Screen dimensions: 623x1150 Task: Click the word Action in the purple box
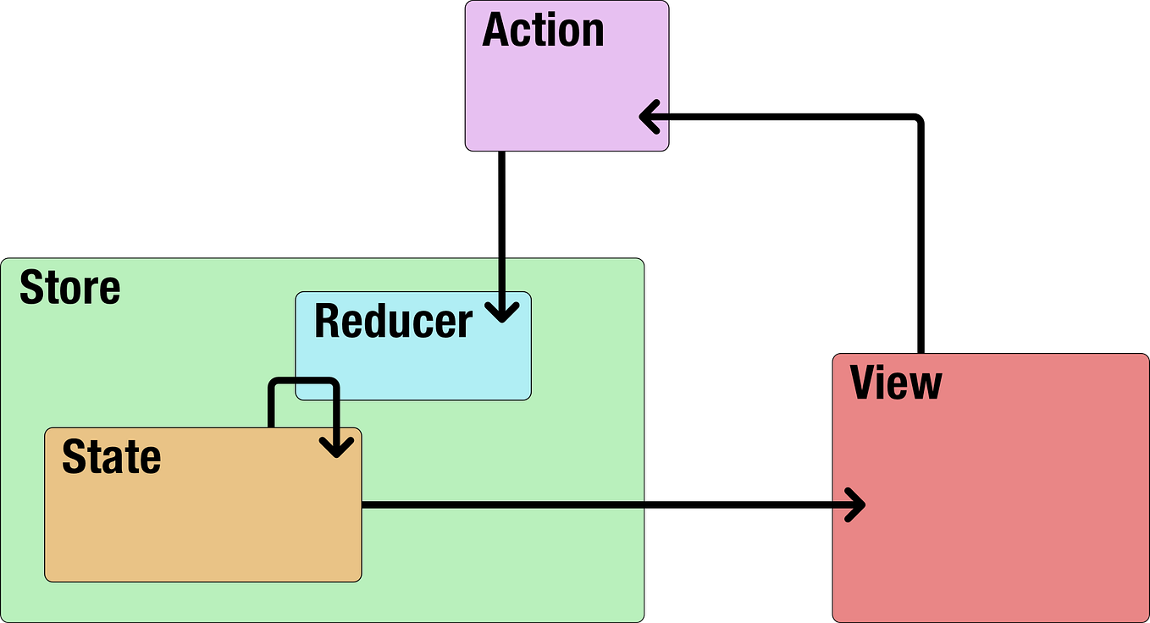coord(543,30)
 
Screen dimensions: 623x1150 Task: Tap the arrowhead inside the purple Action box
coord(651,117)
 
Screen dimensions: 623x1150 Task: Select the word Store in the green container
coord(69,288)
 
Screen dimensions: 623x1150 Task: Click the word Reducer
coord(393,322)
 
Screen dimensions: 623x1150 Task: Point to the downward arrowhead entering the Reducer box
coord(503,311)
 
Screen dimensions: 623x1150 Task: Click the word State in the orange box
coord(111,457)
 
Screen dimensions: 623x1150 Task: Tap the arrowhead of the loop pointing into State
coord(337,445)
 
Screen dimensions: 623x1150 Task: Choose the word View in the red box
coord(895,383)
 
